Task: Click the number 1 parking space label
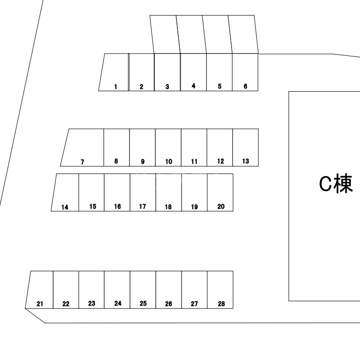pos(115,86)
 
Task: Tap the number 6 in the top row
pos(246,86)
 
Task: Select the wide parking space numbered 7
pos(82,147)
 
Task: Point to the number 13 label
pos(246,161)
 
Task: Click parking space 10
pos(168,147)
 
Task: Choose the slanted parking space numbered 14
pos(65,192)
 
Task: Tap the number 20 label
pos(221,206)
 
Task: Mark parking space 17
pos(143,192)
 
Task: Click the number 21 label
pos(40,304)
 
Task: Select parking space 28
pos(220,290)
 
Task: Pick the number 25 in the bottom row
pos(143,303)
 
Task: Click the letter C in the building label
pos(326,183)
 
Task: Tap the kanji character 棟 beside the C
pos(344,183)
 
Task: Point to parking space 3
pos(167,72)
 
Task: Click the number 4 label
pos(193,86)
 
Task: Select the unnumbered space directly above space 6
pos(243,34)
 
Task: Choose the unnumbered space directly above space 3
pos(165,34)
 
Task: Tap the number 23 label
pos(92,303)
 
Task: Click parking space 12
pos(220,147)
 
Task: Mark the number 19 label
pos(194,207)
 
